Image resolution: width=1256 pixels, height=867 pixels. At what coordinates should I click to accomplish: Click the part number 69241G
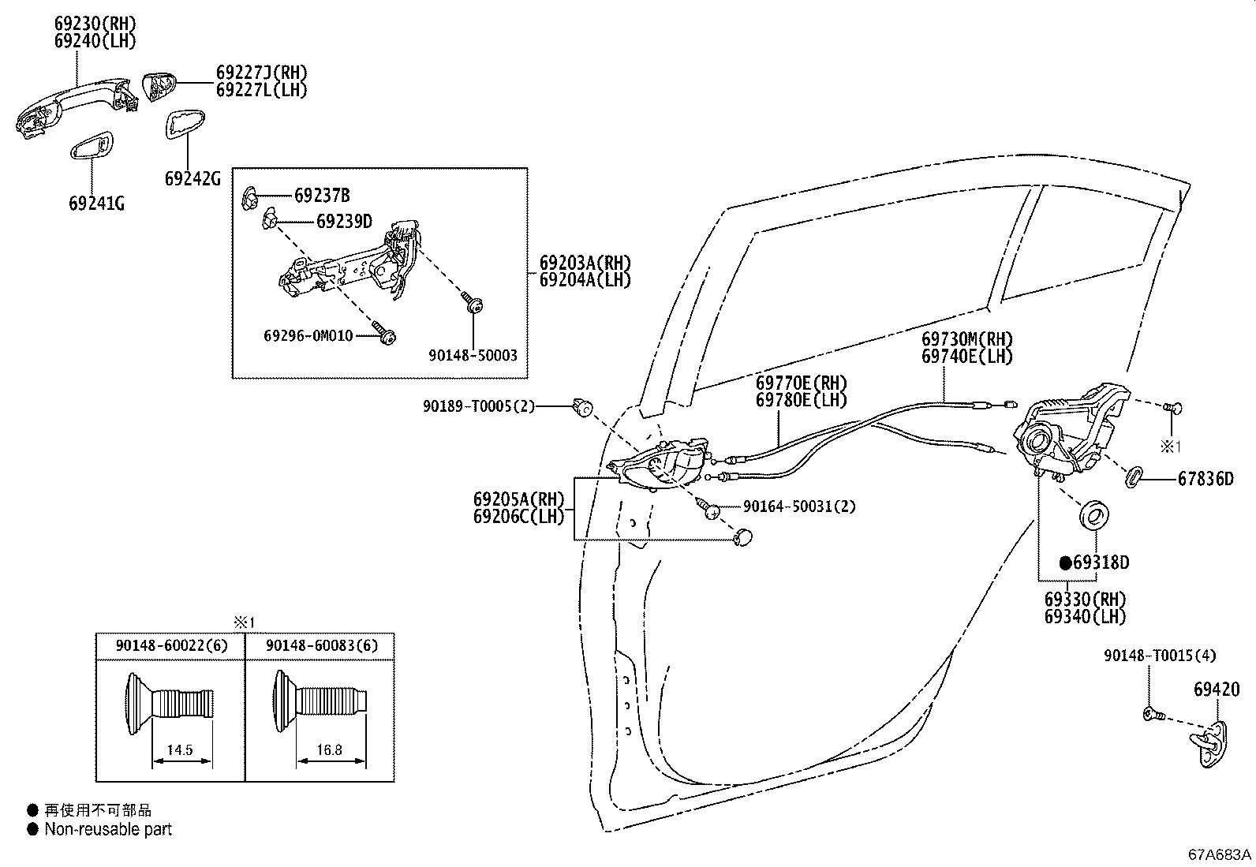tap(96, 204)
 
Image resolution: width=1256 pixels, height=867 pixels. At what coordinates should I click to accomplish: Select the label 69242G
tap(193, 178)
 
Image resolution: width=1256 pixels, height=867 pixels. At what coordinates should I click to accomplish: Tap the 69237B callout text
tap(322, 195)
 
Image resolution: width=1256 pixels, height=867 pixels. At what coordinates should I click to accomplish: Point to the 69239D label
tap(344, 221)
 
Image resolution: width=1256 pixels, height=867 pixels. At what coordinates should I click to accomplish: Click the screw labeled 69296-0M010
tap(385, 334)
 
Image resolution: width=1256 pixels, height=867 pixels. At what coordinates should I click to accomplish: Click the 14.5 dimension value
tap(180, 749)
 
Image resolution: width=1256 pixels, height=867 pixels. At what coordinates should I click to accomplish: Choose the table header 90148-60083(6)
tap(321, 645)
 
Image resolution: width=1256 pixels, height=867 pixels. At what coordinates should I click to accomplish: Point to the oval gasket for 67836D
tap(1133, 476)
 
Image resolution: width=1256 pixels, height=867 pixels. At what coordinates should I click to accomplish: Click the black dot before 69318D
tap(1065, 562)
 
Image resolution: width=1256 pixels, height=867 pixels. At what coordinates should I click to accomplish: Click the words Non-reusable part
tap(107, 829)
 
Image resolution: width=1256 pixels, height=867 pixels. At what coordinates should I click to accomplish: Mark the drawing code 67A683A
tap(1220, 854)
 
